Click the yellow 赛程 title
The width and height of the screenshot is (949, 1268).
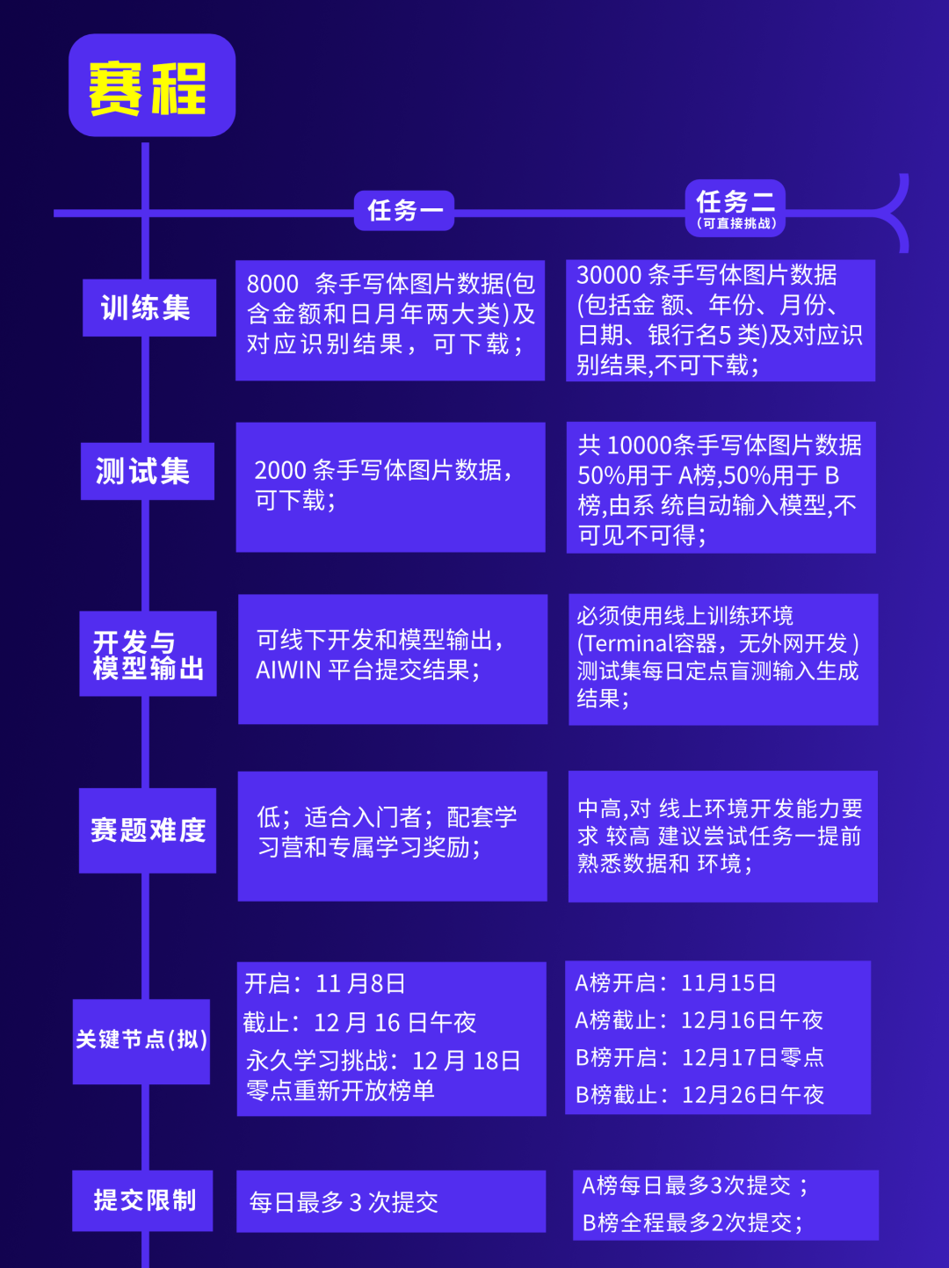point(148,88)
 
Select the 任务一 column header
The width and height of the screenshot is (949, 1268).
point(404,211)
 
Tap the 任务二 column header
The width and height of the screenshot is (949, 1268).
point(735,201)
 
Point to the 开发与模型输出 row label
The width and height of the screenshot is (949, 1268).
point(149,655)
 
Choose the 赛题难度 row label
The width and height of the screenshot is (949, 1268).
point(148,830)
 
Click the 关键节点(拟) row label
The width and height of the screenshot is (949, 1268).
point(141,1040)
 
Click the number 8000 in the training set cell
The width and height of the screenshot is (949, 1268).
point(272,284)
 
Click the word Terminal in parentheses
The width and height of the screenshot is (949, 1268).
point(629,643)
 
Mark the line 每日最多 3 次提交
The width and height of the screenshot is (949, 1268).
point(344,1202)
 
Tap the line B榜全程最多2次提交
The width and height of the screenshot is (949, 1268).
point(692,1222)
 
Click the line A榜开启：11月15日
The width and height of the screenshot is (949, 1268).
point(676,983)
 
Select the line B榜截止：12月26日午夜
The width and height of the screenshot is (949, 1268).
point(699,1095)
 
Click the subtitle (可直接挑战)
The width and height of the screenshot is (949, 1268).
point(736,223)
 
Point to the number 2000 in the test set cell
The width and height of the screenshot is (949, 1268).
point(280,471)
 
